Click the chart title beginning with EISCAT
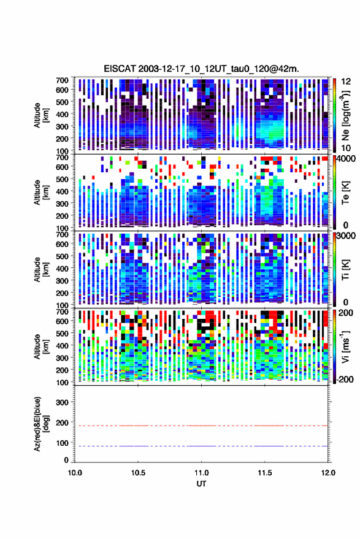(202, 69)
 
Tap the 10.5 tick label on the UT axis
(138, 473)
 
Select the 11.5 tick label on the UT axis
(264, 473)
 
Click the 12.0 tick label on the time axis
(327, 473)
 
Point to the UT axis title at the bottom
(201, 484)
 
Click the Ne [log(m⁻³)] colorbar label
(345, 115)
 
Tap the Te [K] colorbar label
(345, 193)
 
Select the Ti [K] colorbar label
(345, 270)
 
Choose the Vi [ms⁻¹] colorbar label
(345, 346)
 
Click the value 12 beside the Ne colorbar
(347, 82)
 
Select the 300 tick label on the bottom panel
(62, 402)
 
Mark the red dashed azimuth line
(201, 426)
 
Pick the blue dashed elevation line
(201, 446)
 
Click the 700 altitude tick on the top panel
(62, 80)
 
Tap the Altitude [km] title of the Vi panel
(40, 346)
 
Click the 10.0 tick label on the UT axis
(75, 473)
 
